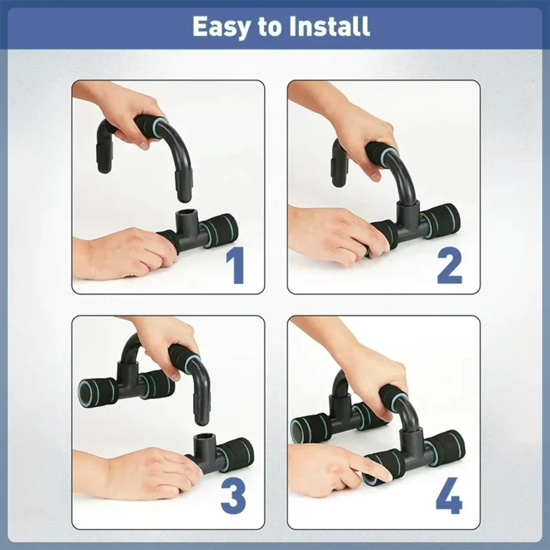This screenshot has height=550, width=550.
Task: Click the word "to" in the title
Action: point(270,26)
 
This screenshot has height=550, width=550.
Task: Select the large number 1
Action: point(237,266)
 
